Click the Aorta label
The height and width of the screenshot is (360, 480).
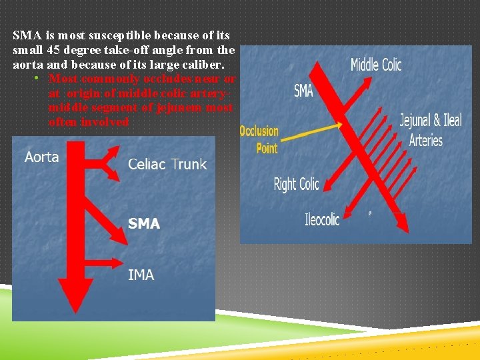(x=41, y=158)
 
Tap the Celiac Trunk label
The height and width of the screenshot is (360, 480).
(x=167, y=164)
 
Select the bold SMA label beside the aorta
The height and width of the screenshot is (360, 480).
(x=144, y=224)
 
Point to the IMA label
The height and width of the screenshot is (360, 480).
(x=141, y=274)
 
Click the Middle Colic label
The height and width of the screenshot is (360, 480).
(x=376, y=65)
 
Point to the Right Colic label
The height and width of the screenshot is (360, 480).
(x=297, y=184)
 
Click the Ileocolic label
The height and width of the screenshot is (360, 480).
(x=322, y=219)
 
